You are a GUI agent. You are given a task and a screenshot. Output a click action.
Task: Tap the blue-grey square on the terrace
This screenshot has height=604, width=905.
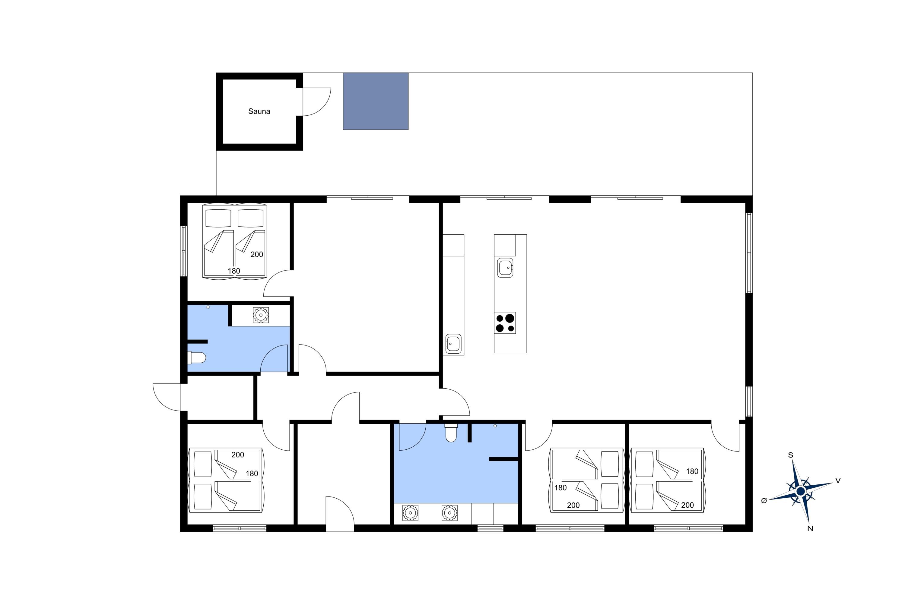pos(376,101)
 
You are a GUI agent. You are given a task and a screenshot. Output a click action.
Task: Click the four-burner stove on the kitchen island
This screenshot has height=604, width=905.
pos(505,323)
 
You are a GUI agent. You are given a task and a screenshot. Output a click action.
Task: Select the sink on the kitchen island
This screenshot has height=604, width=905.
pos(505,267)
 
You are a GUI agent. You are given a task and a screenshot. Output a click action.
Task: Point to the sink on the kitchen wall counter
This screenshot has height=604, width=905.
pos(453,343)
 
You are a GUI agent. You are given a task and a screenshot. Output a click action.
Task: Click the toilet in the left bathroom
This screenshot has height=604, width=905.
pos(197,358)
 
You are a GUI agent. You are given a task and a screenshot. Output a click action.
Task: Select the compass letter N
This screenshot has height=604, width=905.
pos(810,528)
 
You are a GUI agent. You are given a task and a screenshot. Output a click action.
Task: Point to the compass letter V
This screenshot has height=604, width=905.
pos(838,480)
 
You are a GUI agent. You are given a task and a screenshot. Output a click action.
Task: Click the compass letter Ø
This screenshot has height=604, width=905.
pos(764,500)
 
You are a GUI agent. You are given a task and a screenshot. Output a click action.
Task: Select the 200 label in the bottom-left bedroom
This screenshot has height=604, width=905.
pos(237,455)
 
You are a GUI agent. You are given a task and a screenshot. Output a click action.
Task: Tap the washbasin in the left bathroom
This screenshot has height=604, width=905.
pos(261,315)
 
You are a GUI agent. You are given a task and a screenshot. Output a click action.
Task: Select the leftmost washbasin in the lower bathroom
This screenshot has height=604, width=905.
pos(410,513)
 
